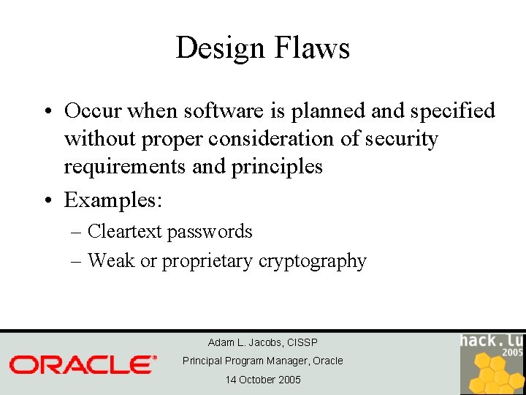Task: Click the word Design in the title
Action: pos(219,48)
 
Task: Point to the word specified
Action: pos(453,111)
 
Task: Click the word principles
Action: pos(277,167)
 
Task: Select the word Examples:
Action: pos(112,199)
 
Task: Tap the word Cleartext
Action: pos(124,232)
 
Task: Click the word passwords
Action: pos(209,232)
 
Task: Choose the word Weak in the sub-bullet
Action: pos(111,261)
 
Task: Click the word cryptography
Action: pos(312,261)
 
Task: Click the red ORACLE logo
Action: pos(83,364)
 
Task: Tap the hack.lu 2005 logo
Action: pos(492,363)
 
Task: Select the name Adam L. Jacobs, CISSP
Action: pos(262,342)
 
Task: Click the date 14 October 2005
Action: pos(262,380)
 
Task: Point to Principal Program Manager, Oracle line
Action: pos(262,361)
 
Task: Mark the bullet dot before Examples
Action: pos(47,200)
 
